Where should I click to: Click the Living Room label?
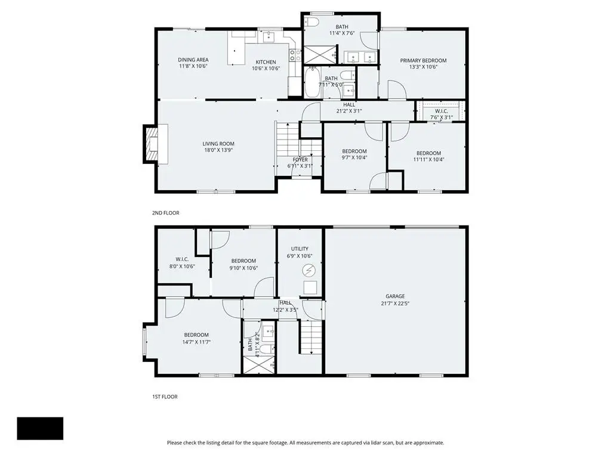click(218, 144)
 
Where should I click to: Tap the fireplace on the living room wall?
click(152, 144)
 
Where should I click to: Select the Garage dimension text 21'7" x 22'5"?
click(395, 304)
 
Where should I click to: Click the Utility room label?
click(300, 249)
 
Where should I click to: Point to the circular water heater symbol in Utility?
click(308, 270)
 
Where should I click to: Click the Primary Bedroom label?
click(423, 60)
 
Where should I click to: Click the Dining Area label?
click(193, 60)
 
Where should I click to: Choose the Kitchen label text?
click(266, 62)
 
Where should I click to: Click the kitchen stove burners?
click(295, 55)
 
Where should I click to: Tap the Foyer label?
click(300, 159)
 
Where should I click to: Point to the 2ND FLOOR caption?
click(165, 213)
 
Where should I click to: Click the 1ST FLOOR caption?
click(165, 397)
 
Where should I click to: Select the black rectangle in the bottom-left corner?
click(40, 428)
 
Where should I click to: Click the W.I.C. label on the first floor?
click(182, 259)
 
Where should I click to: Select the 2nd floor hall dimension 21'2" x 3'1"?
click(348, 111)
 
